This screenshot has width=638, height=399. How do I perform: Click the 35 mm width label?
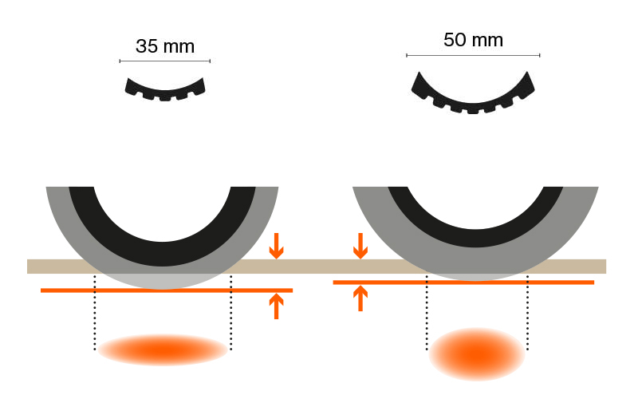[x=164, y=45]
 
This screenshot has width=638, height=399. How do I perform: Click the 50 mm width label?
[x=473, y=40]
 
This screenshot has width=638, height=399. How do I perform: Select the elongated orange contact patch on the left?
[x=163, y=350]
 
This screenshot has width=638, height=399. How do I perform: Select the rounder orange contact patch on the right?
[x=477, y=353]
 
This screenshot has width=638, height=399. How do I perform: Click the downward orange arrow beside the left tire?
[x=276, y=246]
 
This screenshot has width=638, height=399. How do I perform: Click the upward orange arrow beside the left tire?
[x=276, y=306]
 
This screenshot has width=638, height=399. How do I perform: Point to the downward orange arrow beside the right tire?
[x=360, y=246]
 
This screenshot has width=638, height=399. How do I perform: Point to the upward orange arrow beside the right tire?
[x=360, y=298]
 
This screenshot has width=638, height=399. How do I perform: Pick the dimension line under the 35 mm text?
[x=164, y=61]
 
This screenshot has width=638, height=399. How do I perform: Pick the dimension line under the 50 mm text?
[x=473, y=55]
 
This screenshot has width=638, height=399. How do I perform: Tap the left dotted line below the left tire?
[x=95, y=319]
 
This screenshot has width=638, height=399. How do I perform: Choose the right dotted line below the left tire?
[x=230, y=319]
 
